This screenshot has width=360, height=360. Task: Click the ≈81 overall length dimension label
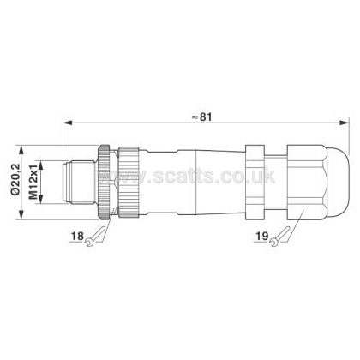point(201,117)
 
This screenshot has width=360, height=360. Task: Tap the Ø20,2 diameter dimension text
point(15,179)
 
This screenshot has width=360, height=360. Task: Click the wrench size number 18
point(77,236)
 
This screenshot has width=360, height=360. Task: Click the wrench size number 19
point(261,236)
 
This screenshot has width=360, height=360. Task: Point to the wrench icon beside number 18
point(95,237)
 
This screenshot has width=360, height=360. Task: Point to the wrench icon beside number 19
point(279,237)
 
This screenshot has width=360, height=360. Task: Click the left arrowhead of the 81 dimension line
point(67,123)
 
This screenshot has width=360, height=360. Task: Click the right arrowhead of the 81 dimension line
point(344,123)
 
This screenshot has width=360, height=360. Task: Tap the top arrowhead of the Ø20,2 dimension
point(21,150)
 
